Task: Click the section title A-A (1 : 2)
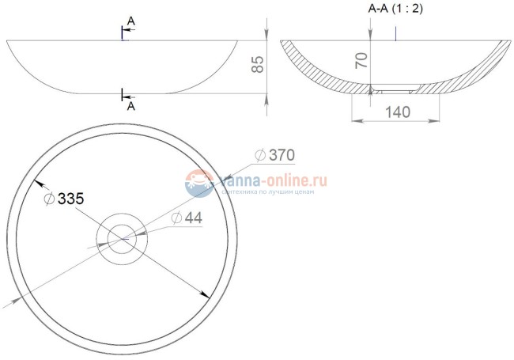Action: (x=395, y=9)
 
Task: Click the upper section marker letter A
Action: (x=130, y=22)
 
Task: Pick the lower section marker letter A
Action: (x=130, y=104)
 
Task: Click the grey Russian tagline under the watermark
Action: (x=269, y=192)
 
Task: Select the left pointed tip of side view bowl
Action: (x=8, y=40)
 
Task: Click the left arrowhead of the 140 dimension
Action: (x=354, y=121)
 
